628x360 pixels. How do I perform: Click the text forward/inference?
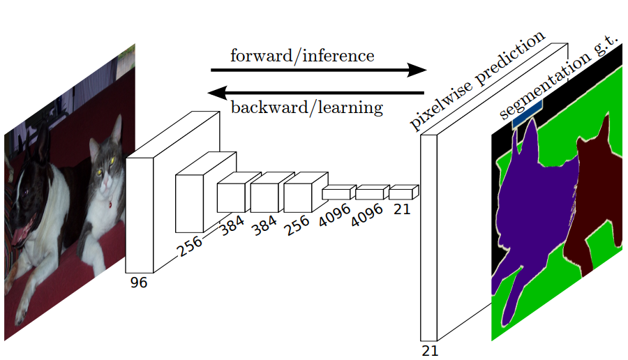[302, 56]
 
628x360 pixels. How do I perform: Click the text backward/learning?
[306, 107]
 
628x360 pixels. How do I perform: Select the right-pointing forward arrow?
[318, 70]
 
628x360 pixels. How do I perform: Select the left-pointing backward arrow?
[317, 92]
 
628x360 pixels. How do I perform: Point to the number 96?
[139, 283]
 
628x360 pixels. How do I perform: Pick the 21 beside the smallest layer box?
[403, 207]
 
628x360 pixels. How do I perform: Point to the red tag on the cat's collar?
[110, 204]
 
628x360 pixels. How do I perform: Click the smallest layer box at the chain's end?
[402, 192]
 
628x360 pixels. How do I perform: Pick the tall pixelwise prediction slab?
[428, 237]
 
